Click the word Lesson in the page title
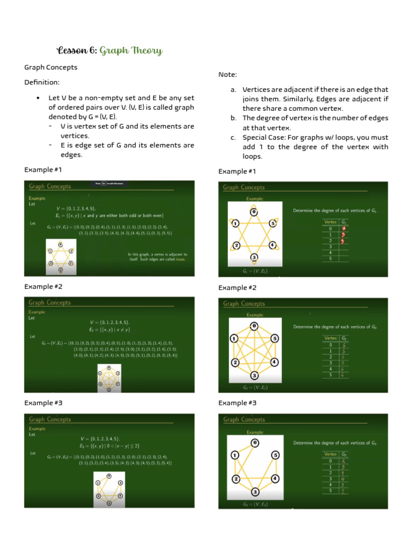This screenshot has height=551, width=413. (72, 51)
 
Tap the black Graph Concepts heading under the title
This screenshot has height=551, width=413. (51, 67)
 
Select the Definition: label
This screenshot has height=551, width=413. (42, 82)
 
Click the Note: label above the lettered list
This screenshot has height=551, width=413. (227, 74)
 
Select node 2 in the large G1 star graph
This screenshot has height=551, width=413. (236, 245)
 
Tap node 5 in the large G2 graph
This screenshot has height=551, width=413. (274, 338)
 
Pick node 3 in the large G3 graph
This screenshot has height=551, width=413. (254, 491)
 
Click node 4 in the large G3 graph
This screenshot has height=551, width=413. (274, 479)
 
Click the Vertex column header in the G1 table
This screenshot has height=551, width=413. (330, 222)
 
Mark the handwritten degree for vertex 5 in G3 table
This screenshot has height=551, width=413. (343, 491)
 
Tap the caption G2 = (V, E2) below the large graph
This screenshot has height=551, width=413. (255, 387)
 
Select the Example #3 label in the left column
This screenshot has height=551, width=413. (43, 402)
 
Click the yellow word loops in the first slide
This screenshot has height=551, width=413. (180, 259)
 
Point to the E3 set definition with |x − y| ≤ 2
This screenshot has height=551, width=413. (109, 446)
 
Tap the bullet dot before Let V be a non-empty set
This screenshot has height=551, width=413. (38, 98)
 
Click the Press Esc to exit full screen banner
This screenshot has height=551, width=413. (112, 183)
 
